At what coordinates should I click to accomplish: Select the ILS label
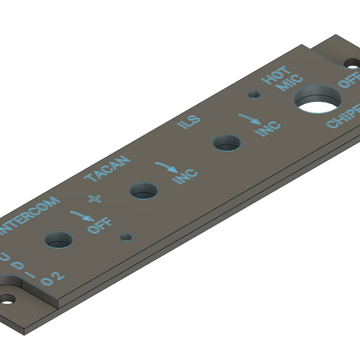point(187,123)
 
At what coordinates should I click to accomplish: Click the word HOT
point(272,77)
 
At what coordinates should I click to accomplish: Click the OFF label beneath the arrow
point(99,226)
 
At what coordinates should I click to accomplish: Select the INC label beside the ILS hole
point(267,128)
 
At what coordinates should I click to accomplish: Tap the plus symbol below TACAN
point(95,198)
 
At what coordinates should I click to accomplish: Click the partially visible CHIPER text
point(343,117)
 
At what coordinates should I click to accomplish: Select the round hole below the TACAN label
point(144,190)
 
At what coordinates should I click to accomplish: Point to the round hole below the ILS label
point(227,142)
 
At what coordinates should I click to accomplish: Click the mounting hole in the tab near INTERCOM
point(8,298)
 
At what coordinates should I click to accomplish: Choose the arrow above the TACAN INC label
point(167,167)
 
